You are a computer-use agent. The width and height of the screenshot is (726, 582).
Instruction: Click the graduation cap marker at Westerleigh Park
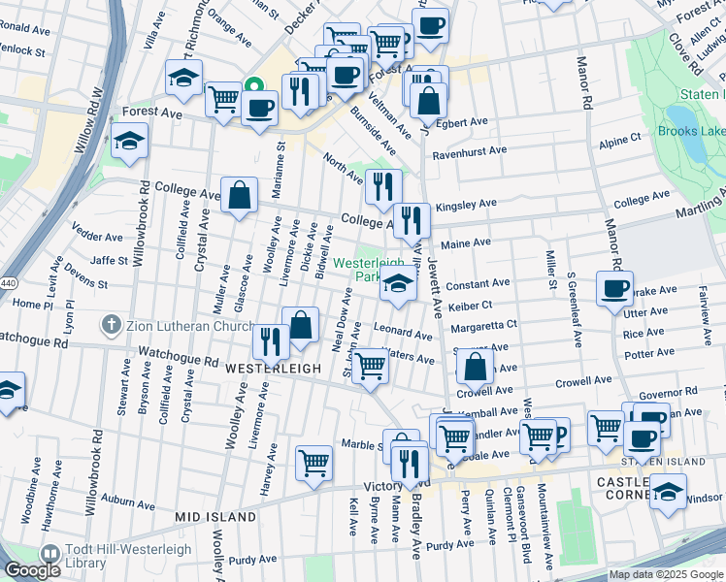tap(398, 283)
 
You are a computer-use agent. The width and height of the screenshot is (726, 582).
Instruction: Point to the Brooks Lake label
tap(691, 131)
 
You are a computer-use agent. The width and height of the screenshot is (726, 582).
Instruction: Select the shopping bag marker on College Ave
tap(239, 197)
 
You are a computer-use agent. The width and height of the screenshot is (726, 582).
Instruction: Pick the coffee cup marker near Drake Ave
tap(614, 290)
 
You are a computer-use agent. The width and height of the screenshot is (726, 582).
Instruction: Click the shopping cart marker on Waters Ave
tap(370, 368)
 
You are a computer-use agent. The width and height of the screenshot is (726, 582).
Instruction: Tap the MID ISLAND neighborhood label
tap(215, 517)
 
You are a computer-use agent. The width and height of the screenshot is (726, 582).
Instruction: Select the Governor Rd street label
tap(663, 394)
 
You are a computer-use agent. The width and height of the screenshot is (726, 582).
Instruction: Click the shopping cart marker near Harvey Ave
tap(313, 464)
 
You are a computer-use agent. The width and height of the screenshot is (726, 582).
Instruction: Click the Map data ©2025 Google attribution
tap(666, 575)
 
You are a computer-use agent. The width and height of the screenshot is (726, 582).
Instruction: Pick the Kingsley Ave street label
tap(466, 205)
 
